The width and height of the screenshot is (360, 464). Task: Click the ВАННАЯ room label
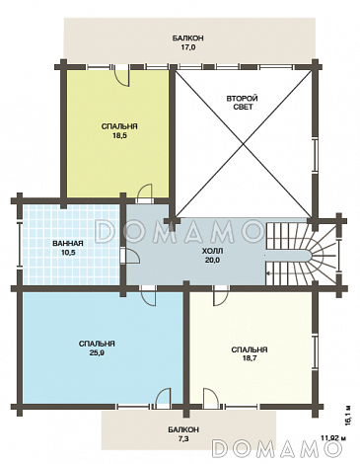point(68,244)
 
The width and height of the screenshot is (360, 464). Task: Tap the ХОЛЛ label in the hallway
point(212,251)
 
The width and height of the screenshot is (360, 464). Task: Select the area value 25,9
point(97,353)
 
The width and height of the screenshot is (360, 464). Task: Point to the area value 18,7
point(250,358)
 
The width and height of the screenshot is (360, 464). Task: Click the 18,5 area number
point(119,135)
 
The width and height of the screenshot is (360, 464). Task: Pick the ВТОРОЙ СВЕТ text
point(243,103)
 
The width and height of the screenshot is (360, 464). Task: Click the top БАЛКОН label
point(187,39)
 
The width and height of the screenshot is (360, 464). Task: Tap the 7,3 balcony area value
point(183,439)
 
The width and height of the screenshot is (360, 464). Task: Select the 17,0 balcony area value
point(187,47)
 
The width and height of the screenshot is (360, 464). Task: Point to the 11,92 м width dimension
point(333,438)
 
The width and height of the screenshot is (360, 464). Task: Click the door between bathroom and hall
point(131,256)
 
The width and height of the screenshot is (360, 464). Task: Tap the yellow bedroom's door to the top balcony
point(121,76)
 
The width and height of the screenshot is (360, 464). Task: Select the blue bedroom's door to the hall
point(148,295)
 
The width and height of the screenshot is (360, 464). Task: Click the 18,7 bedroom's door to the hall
point(221,295)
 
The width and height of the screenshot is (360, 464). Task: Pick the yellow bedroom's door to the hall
point(145,193)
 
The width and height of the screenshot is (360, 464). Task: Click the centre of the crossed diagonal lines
point(243,144)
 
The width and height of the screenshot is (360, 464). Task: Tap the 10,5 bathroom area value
point(68,253)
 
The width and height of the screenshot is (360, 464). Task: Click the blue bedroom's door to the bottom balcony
point(163,398)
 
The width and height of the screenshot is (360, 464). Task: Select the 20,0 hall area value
point(212,260)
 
